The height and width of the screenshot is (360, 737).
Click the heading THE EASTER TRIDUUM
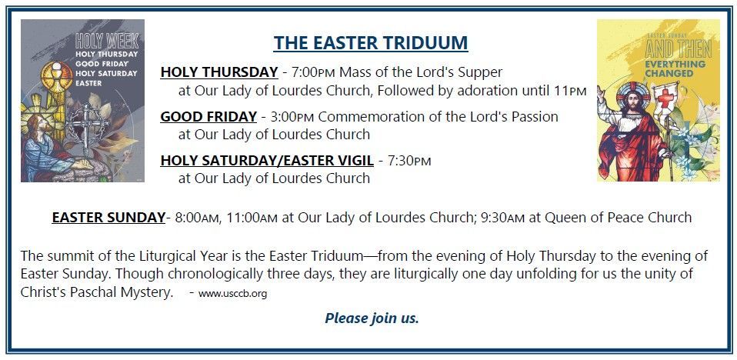[371, 43]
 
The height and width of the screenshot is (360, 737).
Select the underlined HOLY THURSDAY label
[219, 72]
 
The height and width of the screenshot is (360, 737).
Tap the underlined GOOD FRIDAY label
[208, 117]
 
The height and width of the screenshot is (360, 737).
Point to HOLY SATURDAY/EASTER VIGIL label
[267, 161]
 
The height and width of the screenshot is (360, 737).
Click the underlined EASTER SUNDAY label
[108, 218]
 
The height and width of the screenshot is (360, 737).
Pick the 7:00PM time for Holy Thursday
[314, 72]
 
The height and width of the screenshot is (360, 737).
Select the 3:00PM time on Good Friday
[292, 117]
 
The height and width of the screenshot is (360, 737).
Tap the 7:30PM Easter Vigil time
[409, 161]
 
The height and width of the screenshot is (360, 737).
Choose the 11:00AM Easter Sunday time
[252, 218]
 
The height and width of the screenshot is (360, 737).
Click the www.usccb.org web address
[232, 294]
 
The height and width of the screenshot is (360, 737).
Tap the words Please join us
[372, 318]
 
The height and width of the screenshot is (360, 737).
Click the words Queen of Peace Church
[610, 218]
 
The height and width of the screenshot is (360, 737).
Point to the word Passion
[533, 117]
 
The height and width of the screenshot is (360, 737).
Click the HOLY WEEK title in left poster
[107, 42]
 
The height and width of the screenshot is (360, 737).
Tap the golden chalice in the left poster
[56, 78]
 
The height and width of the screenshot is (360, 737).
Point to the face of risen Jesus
[634, 100]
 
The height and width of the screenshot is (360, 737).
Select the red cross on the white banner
[665, 98]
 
